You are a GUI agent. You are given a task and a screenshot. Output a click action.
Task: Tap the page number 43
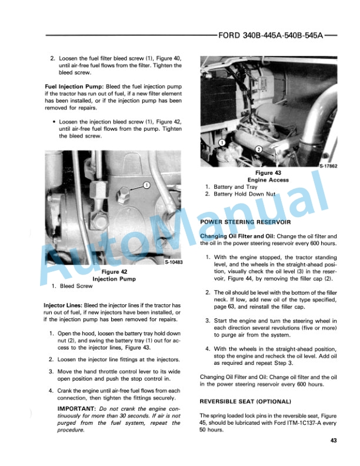pos(334,441)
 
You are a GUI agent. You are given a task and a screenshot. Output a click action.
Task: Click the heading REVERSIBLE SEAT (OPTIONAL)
pos(245,401)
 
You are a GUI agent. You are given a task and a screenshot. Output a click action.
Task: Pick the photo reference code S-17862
pos(328,167)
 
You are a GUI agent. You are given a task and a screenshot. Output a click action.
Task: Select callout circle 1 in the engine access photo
pos(221,142)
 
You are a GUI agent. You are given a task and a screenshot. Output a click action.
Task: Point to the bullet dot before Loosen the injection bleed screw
pos(54,122)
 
